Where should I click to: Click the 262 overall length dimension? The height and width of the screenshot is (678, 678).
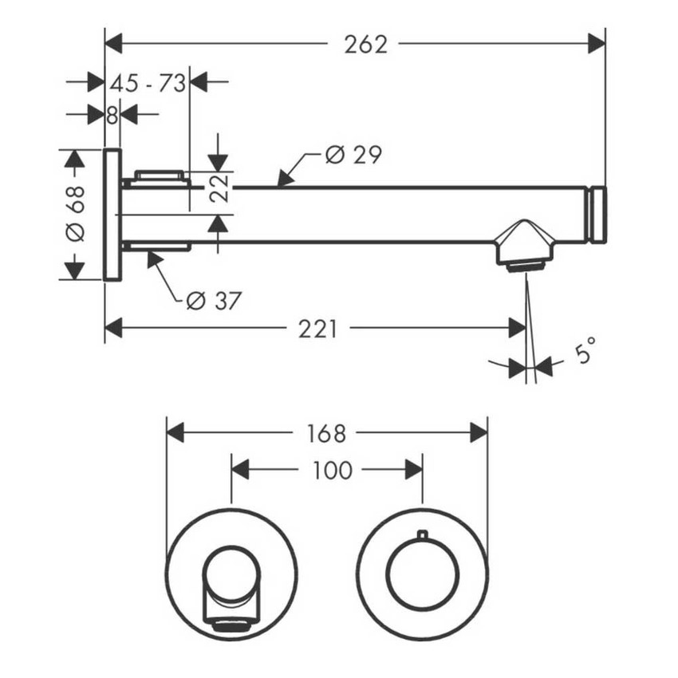[365, 44]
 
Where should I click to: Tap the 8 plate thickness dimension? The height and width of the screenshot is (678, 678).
[112, 115]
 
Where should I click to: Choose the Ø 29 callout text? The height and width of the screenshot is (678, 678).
[353, 155]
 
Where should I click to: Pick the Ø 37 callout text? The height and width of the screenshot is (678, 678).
[213, 301]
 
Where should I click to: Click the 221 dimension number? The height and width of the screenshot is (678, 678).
[317, 329]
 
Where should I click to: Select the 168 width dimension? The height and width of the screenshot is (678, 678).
[326, 433]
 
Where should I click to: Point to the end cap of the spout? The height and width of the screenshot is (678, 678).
[597, 215]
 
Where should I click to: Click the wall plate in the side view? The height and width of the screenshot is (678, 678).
[112, 215]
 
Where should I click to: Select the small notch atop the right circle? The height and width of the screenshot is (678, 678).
[422, 534]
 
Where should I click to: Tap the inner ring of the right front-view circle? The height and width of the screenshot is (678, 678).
[422, 574]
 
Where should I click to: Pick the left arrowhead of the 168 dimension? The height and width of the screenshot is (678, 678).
[175, 433]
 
